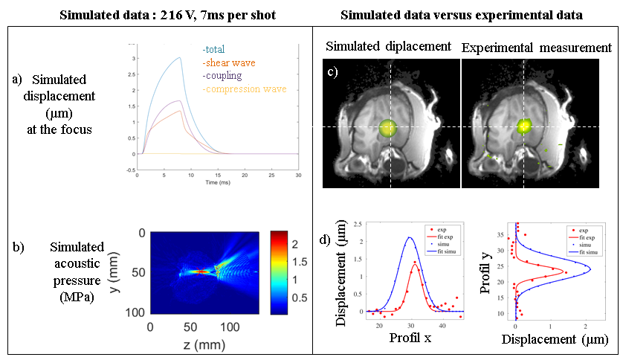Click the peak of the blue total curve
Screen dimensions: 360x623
179,57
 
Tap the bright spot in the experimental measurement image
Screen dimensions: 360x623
525,126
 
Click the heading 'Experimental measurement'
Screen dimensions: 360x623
536,48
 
